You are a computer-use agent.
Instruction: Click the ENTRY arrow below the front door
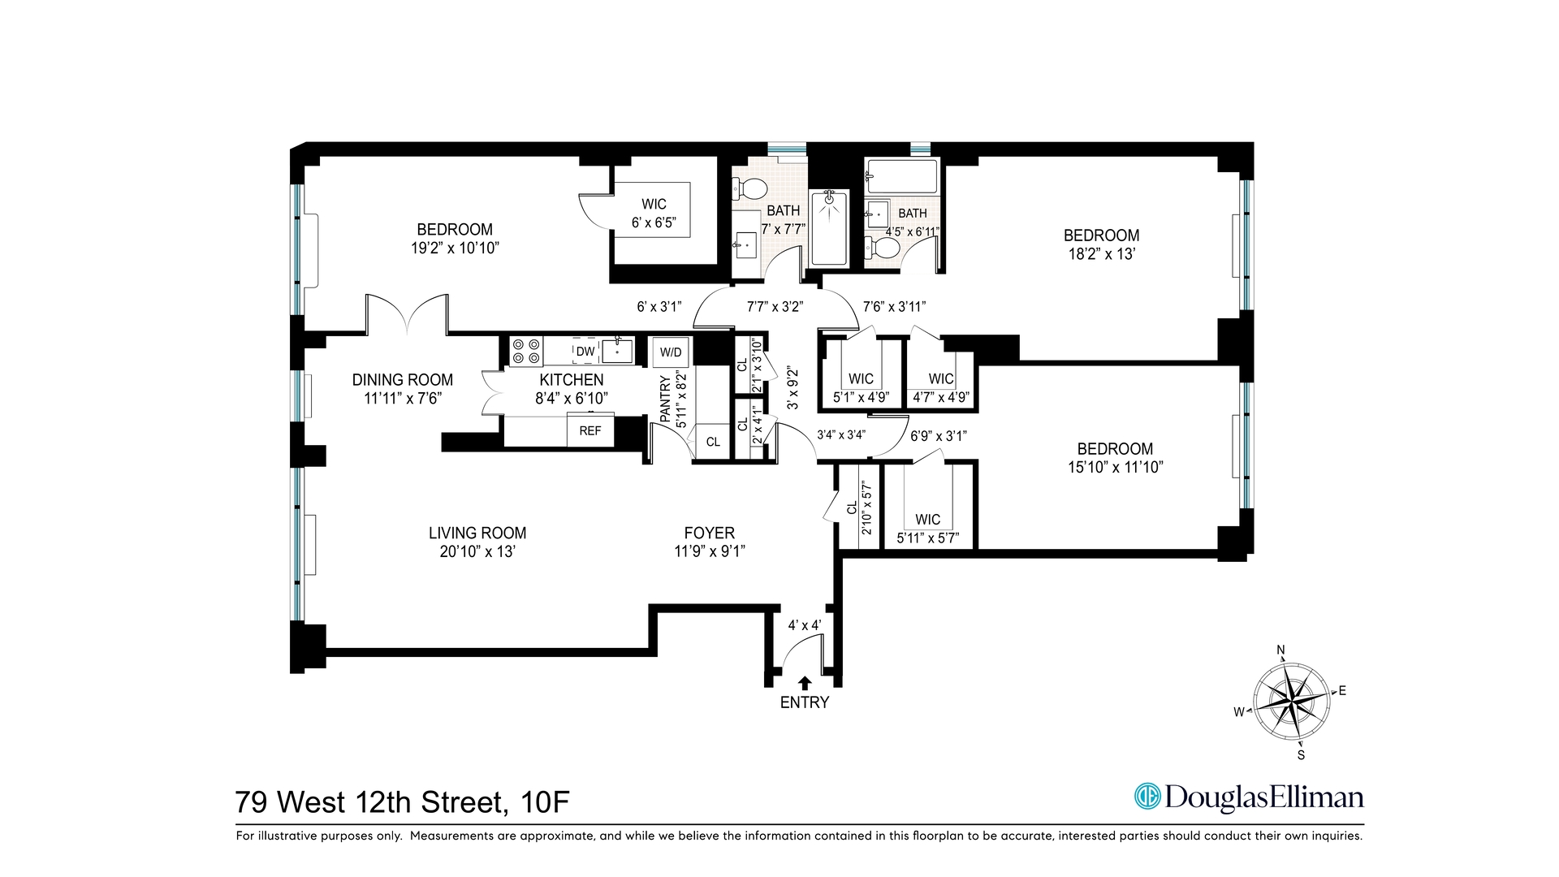coord(805,683)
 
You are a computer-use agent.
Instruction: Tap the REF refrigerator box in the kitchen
coord(590,430)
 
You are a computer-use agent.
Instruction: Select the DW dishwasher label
coord(585,352)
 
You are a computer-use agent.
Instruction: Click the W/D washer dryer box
coord(671,352)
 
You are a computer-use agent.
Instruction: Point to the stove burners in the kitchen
coord(526,352)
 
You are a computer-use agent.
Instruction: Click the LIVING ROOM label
coord(477,533)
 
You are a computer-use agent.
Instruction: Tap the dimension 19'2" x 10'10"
coord(455,248)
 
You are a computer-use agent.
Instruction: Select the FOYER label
coord(709,533)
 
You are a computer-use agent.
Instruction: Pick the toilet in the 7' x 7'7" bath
coord(750,189)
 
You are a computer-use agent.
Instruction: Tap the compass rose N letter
coord(1281,650)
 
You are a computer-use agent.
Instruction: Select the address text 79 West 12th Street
coord(370,802)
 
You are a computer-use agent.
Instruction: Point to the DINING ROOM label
coord(403,379)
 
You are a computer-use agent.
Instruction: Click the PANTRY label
coord(665,399)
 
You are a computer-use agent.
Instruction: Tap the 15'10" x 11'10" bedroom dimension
coord(1115,467)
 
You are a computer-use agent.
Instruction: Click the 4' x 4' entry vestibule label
coord(805,625)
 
